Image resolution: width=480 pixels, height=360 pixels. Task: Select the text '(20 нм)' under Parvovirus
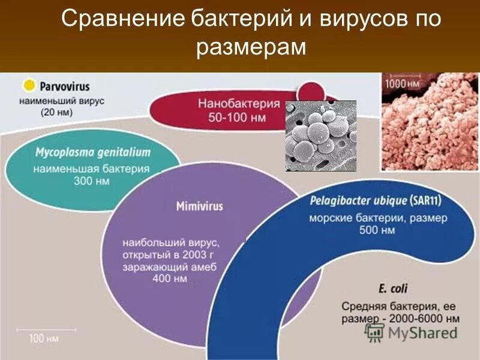click(58, 112)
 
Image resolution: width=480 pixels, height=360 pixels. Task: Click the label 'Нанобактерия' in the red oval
click(239, 104)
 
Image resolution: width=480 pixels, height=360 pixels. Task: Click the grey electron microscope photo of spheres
click(320, 136)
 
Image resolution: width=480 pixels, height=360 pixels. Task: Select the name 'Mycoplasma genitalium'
click(92, 153)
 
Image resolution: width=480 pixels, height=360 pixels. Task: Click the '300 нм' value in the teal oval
click(92, 181)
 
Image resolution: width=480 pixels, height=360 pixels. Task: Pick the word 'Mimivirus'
click(199, 206)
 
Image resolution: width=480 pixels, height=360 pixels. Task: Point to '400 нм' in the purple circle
click(172, 279)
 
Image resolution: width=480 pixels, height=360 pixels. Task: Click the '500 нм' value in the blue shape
click(378, 230)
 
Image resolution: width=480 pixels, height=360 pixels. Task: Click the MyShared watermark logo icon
click(375, 332)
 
